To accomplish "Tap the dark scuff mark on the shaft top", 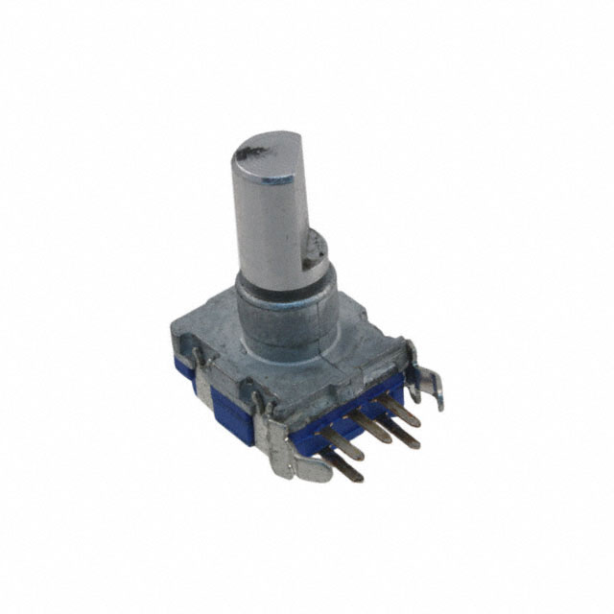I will click(x=251, y=151).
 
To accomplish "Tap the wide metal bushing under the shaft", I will click(x=288, y=317).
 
